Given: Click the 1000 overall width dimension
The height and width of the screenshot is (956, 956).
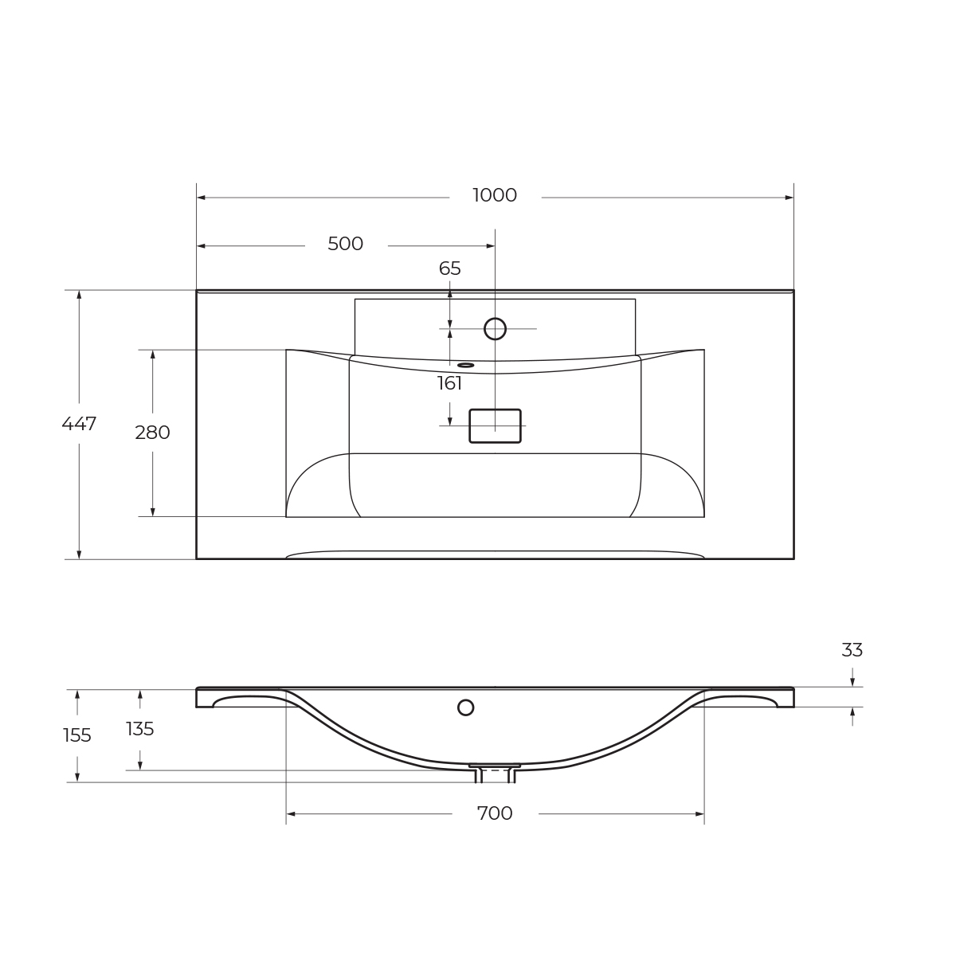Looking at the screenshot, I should (495, 196).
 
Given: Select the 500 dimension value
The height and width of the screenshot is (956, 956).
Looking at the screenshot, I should (345, 245).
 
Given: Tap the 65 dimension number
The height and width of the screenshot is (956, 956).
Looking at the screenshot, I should (450, 269).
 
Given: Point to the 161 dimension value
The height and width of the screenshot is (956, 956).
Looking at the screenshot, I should (449, 384).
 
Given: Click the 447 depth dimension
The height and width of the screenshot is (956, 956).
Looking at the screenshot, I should (79, 425).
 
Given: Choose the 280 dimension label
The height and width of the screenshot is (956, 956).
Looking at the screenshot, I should (152, 433).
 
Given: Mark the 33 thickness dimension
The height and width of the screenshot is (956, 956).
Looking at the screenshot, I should (852, 651).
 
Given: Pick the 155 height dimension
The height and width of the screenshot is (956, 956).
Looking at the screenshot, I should (77, 736).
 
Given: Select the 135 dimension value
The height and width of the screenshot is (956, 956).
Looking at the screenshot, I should (140, 730).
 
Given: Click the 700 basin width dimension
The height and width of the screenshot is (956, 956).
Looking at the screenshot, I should (495, 814).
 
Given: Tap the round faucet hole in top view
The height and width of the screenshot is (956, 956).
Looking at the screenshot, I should (495, 329).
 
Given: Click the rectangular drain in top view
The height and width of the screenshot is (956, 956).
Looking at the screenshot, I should (495, 426).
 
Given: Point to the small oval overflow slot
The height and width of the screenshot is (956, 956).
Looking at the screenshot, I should (465, 366).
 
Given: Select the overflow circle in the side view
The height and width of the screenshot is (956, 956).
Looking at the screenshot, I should (465, 707).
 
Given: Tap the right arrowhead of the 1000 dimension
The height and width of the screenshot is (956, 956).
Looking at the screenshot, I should (789, 198).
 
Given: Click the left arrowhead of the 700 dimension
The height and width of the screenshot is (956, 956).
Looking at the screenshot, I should (291, 814).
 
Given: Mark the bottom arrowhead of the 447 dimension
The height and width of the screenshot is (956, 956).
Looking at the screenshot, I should (79, 554).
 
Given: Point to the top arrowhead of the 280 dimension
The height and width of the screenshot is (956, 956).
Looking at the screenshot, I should (153, 355).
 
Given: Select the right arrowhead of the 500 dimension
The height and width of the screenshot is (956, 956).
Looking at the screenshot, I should (491, 246).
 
